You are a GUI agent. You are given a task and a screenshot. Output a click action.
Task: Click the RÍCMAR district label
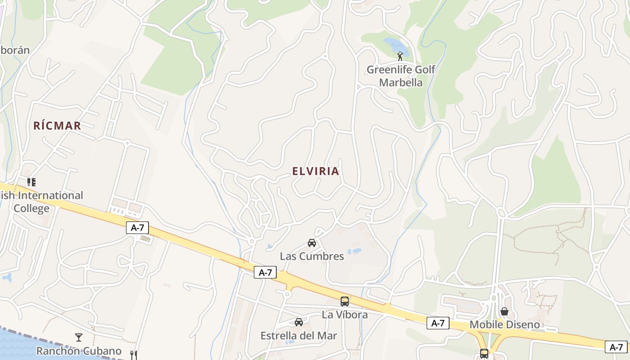pos(57,126)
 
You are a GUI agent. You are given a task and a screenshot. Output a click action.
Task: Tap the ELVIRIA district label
pos(315,171)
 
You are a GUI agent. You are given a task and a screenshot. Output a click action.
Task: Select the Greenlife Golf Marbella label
pos(401,76)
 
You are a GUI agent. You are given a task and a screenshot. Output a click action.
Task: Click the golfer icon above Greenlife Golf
pos(400,56)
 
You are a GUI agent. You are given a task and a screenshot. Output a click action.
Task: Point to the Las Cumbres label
pos(312,256)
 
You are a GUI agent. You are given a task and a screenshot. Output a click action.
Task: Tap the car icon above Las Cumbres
pos(312,243)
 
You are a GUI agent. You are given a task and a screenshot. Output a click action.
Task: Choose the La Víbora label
pos(345,315)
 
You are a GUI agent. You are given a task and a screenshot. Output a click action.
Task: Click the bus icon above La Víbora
pos(345,301)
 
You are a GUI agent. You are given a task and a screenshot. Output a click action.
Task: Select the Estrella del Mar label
pos(299,336)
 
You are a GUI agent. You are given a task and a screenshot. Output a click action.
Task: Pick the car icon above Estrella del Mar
pos(299,322)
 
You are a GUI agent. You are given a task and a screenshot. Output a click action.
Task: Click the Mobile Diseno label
pos(504,324)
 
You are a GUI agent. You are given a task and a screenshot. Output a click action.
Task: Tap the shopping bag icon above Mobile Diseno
pos(504,311)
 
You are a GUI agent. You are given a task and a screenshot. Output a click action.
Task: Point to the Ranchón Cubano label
pos(79,351)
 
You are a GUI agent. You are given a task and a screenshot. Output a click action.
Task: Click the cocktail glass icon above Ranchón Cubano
pos(79,337)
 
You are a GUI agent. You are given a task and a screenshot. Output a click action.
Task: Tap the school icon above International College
pos(31,182)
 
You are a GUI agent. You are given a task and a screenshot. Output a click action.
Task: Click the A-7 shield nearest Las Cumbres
pos(265,272)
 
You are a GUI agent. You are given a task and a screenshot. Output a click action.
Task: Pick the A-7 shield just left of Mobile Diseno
pos(438,323)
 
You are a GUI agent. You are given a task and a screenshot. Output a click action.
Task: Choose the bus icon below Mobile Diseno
pos(484,354)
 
